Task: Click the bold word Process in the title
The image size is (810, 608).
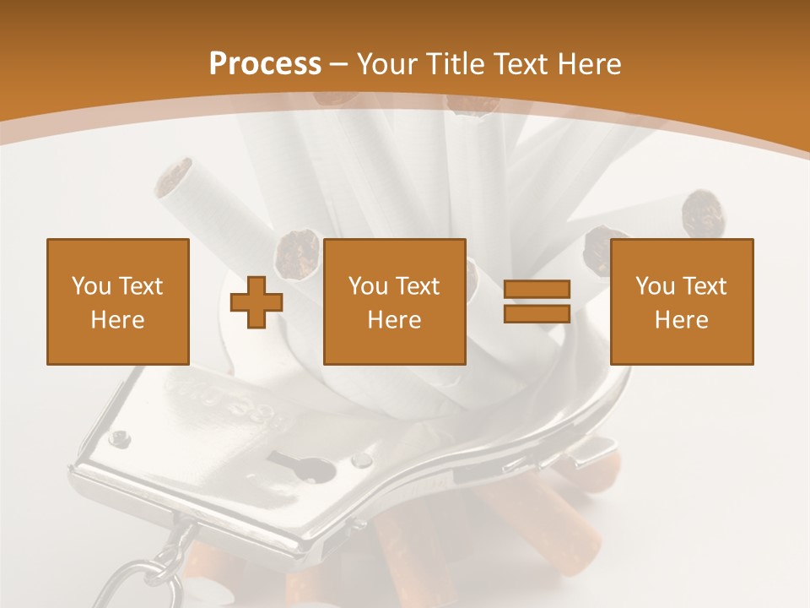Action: coord(265,64)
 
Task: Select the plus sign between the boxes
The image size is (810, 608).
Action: coord(256,302)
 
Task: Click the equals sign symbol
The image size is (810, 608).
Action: coord(537,302)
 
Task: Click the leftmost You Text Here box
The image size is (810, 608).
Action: coord(118,301)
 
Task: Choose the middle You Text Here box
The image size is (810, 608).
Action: coord(395,301)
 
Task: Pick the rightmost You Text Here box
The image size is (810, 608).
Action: coord(682,301)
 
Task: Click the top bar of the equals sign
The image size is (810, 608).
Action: coord(537,290)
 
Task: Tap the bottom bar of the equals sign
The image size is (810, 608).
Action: coord(537,314)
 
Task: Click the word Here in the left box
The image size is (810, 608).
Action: coord(118,320)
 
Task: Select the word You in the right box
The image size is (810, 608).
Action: coord(655,286)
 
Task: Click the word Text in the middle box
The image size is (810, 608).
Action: coord(419,286)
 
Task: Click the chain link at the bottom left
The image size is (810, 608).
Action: coord(160,574)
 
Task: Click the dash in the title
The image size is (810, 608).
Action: coord(338,64)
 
